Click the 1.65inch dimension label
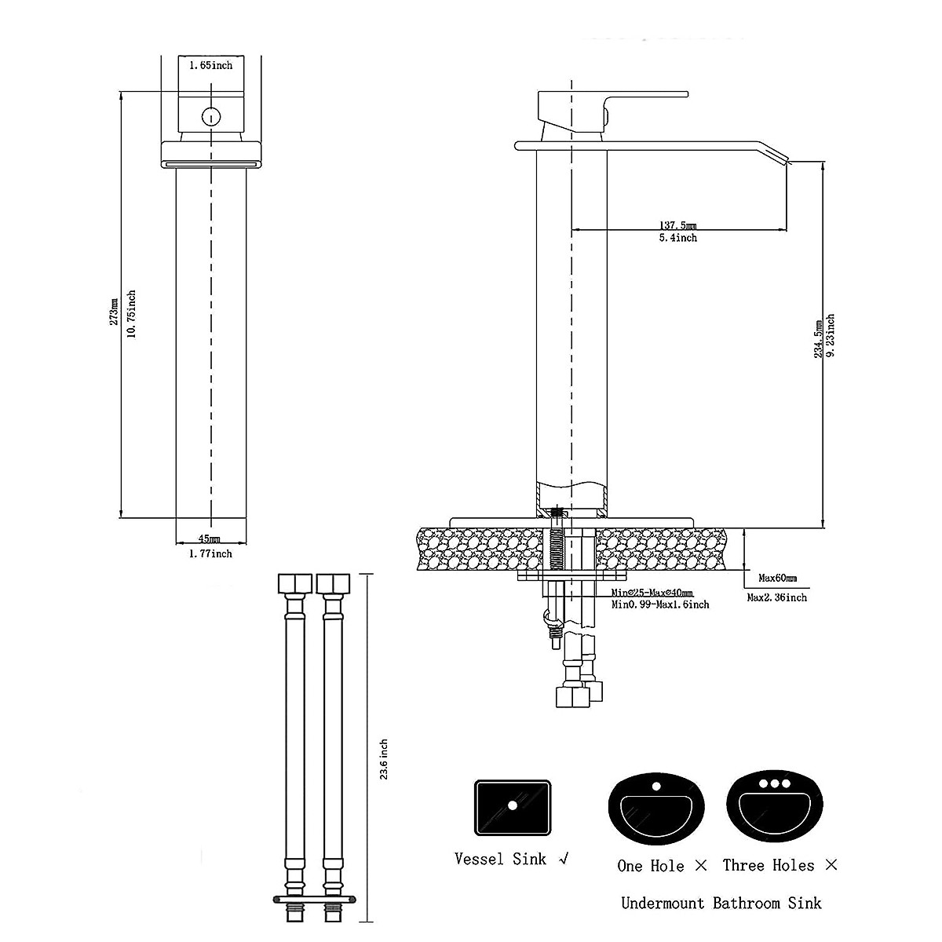(x=210, y=66)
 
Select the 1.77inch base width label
(x=210, y=553)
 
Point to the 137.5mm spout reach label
(x=677, y=225)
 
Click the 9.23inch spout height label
(x=831, y=336)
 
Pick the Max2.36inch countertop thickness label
(x=776, y=597)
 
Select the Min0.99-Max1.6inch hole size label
(x=660, y=604)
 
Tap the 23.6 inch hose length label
(x=384, y=760)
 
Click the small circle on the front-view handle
(x=210, y=117)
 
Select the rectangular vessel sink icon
(x=513, y=807)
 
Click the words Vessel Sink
(x=500, y=859)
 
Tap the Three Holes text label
(x=769, y=866)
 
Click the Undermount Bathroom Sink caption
(x=721, y=904)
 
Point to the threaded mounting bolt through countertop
(x=558, y=542)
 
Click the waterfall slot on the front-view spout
(x=210, y=163)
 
